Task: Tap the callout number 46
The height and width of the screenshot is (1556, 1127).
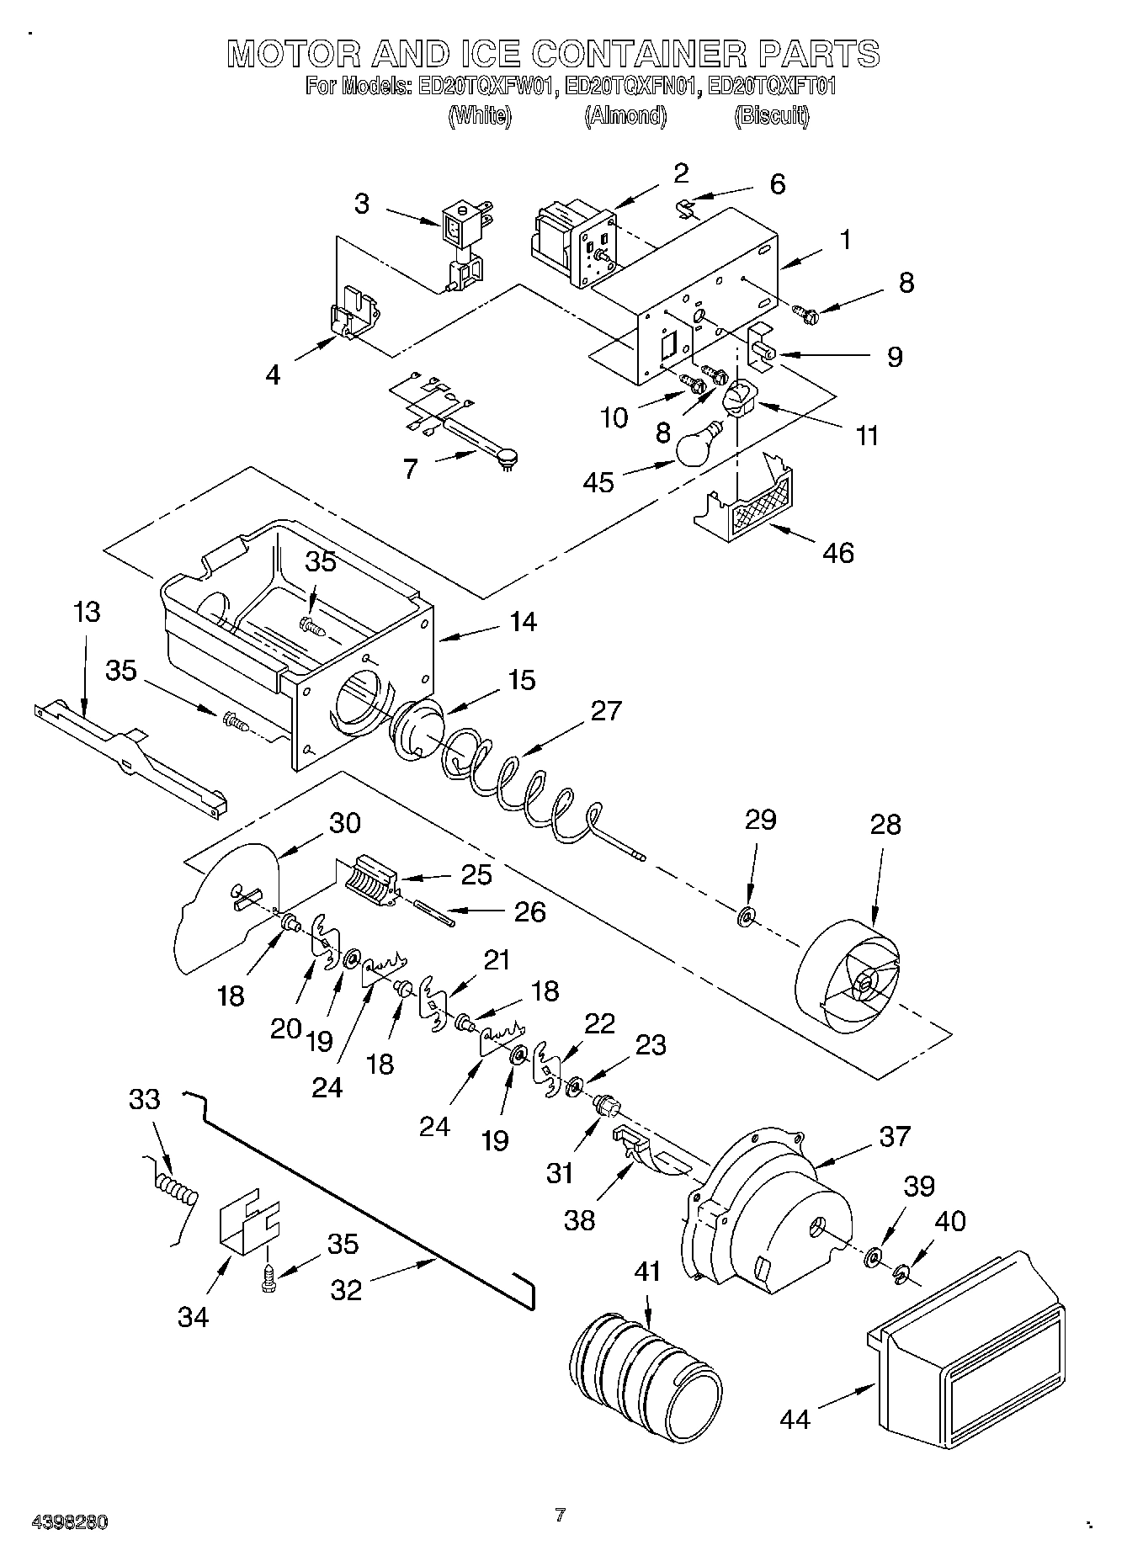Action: [838, 553]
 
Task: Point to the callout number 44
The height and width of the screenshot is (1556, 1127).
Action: [795, 1418]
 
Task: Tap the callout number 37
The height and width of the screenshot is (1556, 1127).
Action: [894, 1136]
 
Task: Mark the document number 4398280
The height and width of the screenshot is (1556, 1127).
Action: [70, 1522]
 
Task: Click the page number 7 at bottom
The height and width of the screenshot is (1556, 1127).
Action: [561, 1515]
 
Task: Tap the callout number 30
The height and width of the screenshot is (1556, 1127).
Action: [345, 823]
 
